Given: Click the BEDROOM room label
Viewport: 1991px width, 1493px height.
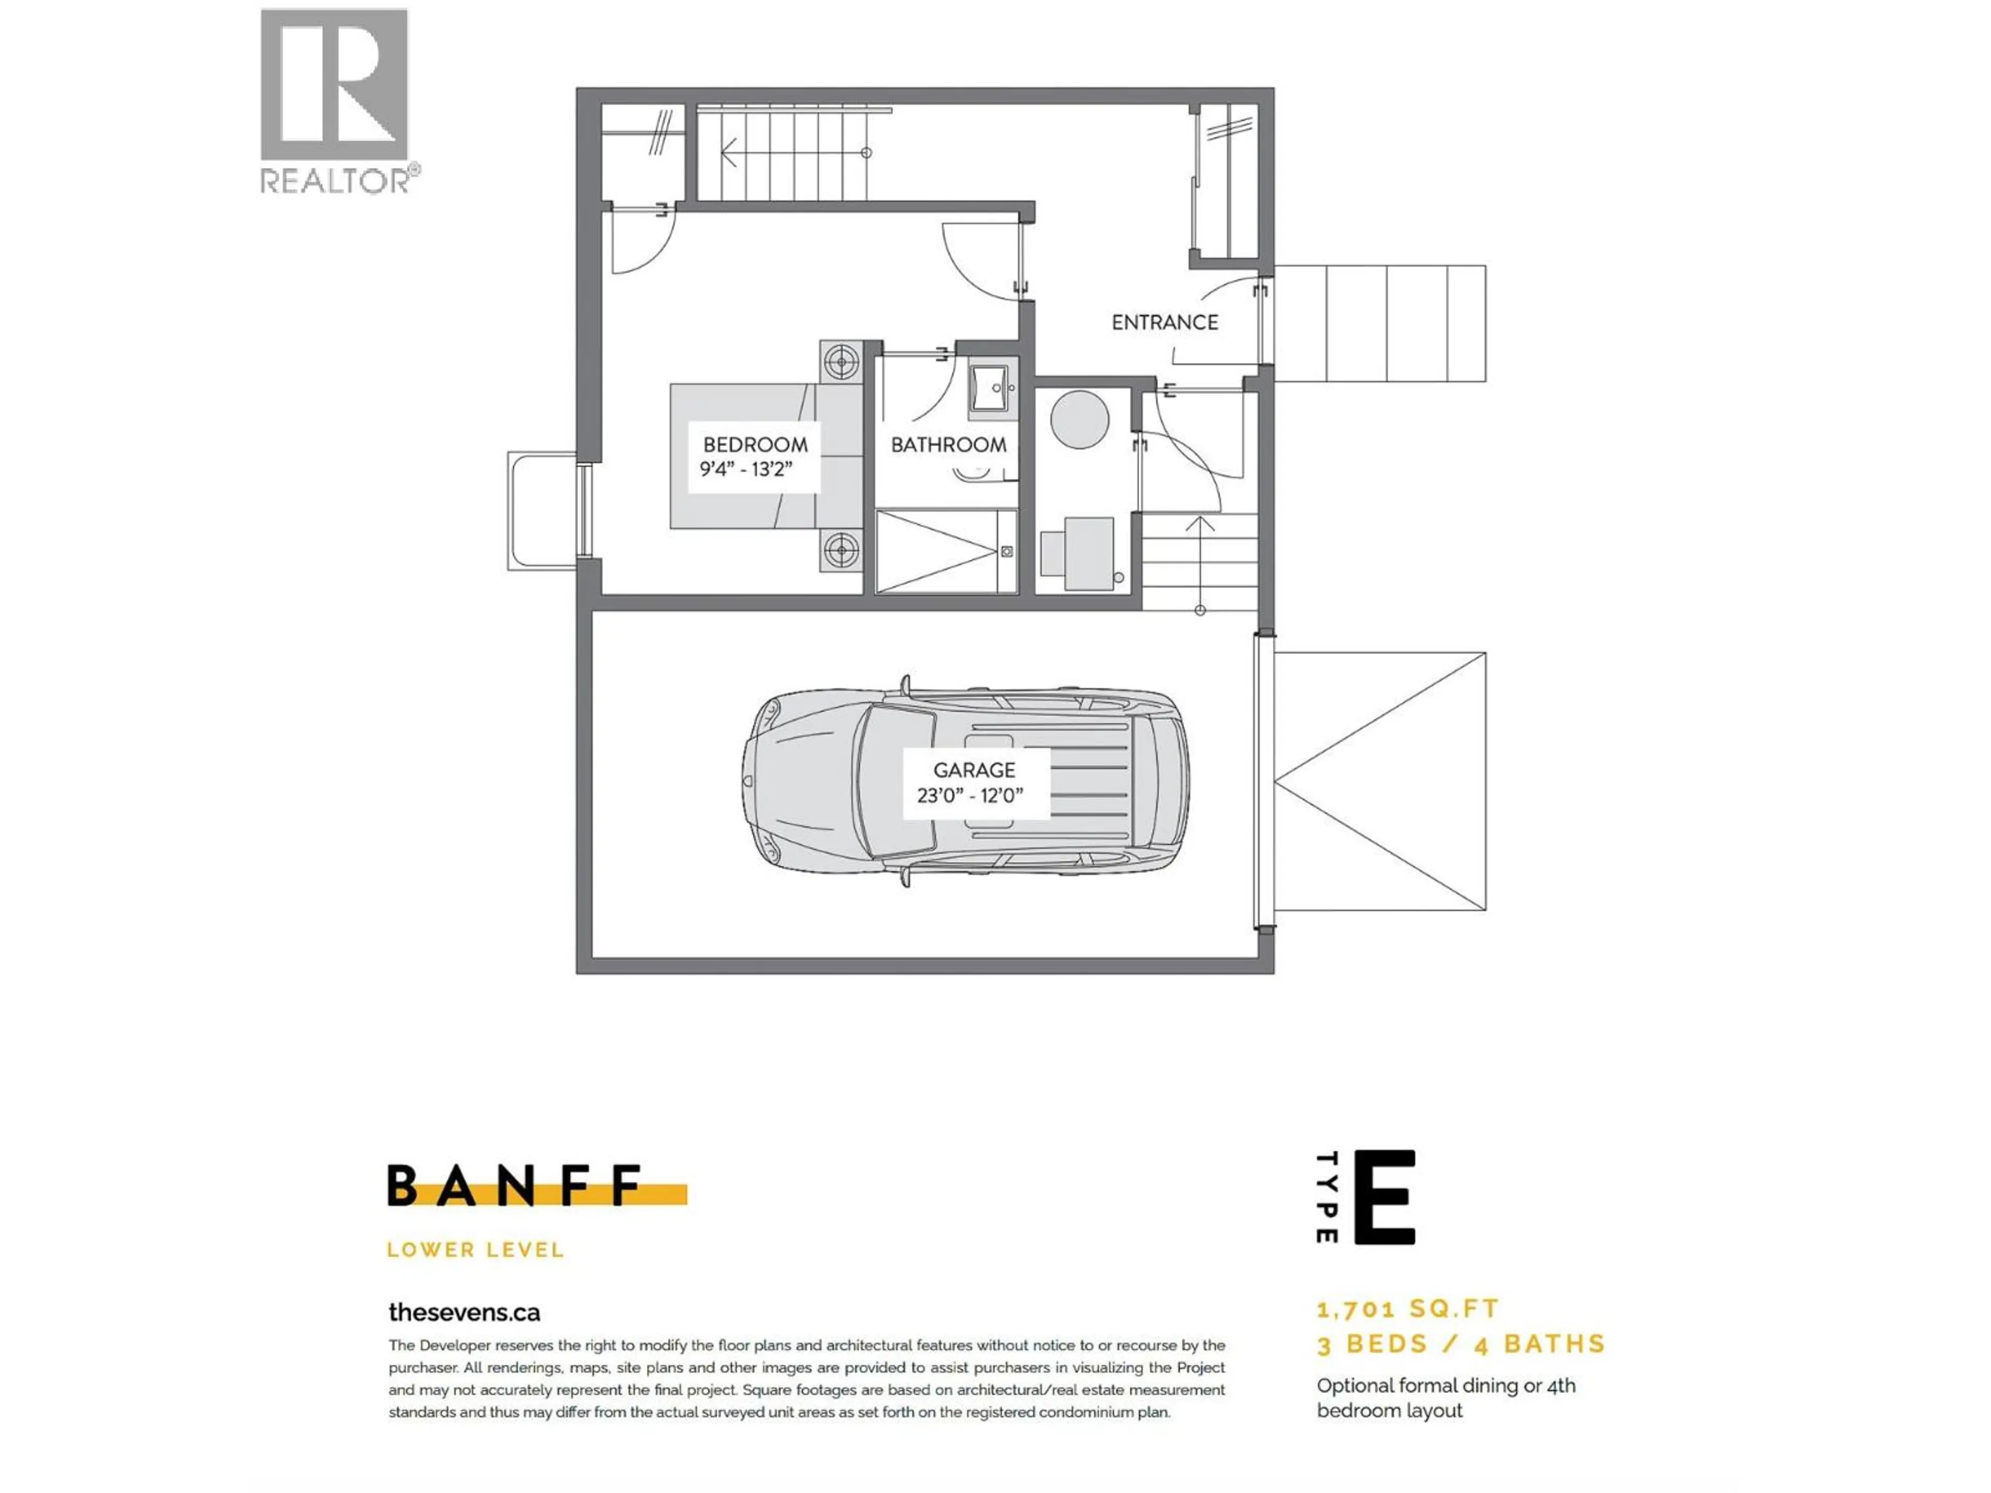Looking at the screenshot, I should click(x=754, y=445).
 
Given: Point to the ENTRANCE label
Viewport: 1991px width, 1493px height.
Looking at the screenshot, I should click(x=1164, y=322).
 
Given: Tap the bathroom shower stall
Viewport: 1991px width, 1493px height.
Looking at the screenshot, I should click(x=945, y=551).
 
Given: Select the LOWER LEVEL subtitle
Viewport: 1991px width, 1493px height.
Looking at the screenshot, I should click(x=475, y=1250).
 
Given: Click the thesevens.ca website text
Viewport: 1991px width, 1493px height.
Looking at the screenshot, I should click(x=465, y=1312).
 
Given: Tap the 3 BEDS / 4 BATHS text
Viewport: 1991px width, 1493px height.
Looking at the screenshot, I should click(x=1460, y=1345).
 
